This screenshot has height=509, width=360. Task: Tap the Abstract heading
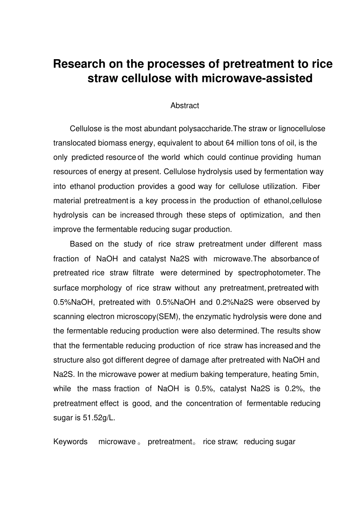pyautogui.click(x=185, y=106)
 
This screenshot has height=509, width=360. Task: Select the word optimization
pyautogui.click(x=261, y=215)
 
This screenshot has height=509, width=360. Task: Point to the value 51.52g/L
pyautogui.click(x=99, y=418)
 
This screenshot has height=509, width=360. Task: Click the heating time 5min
pyautogui.click(x=309, y=374)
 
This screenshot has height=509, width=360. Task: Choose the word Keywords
pyautogui.click(x=70, y=441)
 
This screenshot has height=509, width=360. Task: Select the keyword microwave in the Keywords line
pyautogui.click(x=117, y=441)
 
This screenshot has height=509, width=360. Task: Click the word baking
pyautogui.click(x=213, y=374)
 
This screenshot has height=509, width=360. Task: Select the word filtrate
pyautogui.click(x=143, y=273)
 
